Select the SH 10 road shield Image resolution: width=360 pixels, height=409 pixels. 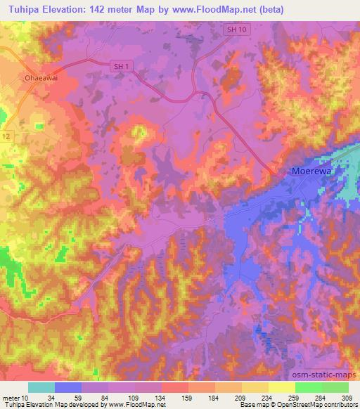(x=236, y=30)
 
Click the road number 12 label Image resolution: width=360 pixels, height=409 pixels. (x=6, y=135)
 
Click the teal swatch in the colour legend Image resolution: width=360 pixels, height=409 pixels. (x=41, y=387)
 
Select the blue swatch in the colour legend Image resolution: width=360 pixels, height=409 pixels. (x=68, y=387)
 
